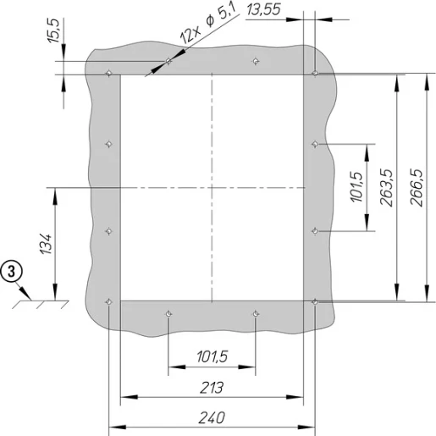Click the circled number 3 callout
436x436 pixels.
click(x=10, y=272)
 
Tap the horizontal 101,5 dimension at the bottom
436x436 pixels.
click(x=212, y=356)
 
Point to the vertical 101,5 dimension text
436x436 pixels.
click(x=356, y=186)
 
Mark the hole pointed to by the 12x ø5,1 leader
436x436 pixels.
click(x=169, y=62)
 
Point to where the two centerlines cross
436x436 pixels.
click(x=212, y=186)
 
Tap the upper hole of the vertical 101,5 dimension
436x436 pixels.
click(x=315, y=144)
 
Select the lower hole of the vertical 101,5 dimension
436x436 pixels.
click(x=315, y=229)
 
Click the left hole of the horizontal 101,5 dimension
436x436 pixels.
click(x=169, y=313)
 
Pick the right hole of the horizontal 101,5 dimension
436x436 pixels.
click(x=256, y=313)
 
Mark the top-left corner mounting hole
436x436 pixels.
click(x=108, y=74)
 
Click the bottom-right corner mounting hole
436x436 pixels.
click(x=315, y=301)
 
